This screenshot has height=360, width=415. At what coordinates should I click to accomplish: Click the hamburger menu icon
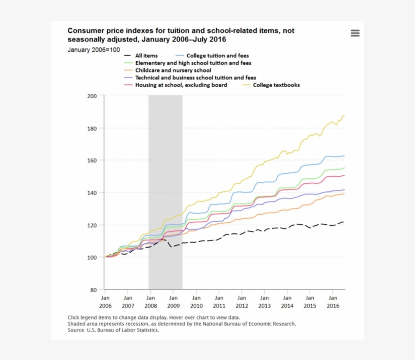point(355,33)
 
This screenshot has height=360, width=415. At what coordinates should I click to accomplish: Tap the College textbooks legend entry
point(276,85)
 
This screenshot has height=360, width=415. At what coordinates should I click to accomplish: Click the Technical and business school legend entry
point(195,78)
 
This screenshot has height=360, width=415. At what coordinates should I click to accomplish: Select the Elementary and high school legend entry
point(193,63)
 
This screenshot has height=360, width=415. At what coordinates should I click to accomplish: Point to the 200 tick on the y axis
point(92,96)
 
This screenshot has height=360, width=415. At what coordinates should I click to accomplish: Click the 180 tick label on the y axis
point(92,128)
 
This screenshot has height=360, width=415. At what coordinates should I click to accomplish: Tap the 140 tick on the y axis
point(92,192)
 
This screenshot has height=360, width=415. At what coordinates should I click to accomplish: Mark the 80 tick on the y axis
point(93,290)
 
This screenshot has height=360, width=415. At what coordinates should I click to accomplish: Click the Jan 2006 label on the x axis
point(105,302)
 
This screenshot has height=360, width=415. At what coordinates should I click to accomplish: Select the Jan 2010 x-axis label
point(196,302)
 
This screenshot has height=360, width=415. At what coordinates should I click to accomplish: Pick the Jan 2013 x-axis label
point(265,302)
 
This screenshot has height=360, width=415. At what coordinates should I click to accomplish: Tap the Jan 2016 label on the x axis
point(333,302)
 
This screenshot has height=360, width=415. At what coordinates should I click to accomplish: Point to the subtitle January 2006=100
point(94,50)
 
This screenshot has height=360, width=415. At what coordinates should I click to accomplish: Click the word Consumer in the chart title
point(86,31)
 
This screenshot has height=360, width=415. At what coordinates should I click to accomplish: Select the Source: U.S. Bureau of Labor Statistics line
point(113,330)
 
